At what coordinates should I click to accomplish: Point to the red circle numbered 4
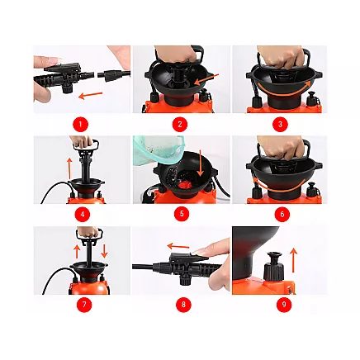click(80, 215)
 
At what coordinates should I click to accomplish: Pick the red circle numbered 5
click(180, 215)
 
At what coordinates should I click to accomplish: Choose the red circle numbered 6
click(279, 215)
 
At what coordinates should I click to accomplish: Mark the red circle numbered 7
click(80, 305)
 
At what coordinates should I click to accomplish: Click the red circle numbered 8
click(180, 305)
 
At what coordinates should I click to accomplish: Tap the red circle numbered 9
click(279, 305)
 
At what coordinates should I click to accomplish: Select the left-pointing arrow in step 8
click(180, 245)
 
